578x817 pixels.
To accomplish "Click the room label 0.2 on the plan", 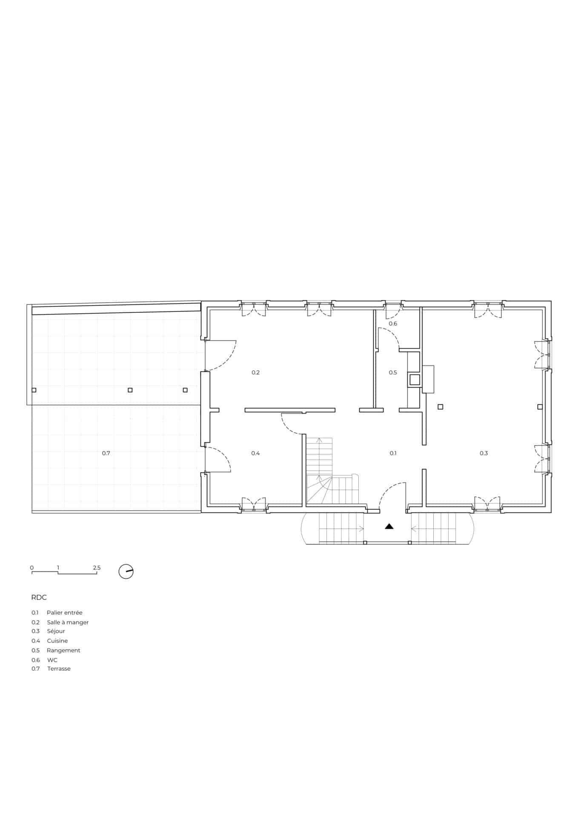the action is point(255,372).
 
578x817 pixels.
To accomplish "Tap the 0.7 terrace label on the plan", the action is point(106,453).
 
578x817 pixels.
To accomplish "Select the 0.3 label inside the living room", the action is point(484,453).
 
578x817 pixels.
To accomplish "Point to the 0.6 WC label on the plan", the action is point(393,324).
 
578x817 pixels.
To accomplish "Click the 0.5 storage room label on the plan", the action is point(393,372).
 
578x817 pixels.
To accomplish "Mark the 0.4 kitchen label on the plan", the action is point(255,453).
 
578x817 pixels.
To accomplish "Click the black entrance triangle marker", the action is point(389,526).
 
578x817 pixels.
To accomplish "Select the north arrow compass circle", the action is point(126,571).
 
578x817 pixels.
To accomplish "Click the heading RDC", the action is point(39,597).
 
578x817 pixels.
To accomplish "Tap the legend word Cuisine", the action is point(57,641).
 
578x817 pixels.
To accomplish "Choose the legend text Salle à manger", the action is point(68,622).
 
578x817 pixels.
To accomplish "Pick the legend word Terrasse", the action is point(59,668).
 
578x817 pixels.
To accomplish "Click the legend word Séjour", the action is point(56,631).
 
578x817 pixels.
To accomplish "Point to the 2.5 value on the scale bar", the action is point(97,568).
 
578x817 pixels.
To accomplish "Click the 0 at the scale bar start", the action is point(32,568).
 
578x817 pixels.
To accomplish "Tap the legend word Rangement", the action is point(63,650).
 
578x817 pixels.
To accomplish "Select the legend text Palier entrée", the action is point(65,613).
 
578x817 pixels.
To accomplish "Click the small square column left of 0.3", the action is point(441,407).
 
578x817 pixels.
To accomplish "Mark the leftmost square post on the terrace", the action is point(34,390).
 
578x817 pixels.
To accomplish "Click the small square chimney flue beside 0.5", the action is point(414,379).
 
